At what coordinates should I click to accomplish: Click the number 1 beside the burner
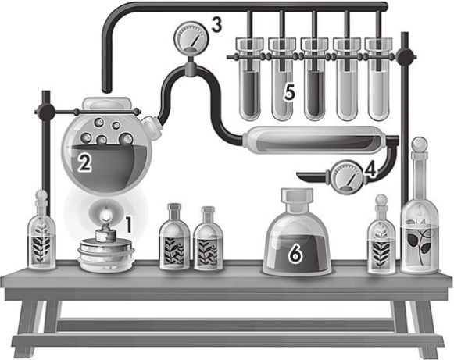128,225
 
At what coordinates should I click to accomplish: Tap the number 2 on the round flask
84,162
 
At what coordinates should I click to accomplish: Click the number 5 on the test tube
289,92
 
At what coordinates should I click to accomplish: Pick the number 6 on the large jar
295,254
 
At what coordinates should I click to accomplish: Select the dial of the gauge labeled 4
346,176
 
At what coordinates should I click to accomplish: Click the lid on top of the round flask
107,104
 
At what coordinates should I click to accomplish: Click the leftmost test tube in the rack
250,80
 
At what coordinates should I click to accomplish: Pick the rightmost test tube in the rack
379,80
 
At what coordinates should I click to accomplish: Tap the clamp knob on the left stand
46,112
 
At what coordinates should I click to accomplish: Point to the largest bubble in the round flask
126,139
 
